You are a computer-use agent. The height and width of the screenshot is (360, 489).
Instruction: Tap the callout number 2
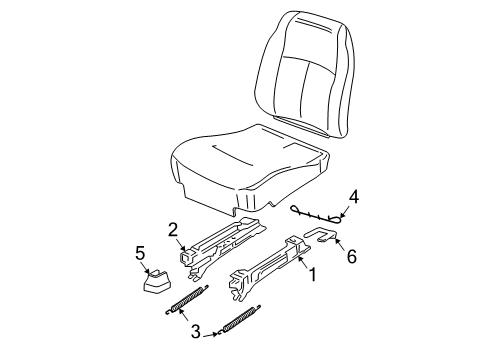tap(173, 229)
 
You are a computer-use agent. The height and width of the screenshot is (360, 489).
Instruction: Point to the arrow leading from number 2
tap(182, 242)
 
